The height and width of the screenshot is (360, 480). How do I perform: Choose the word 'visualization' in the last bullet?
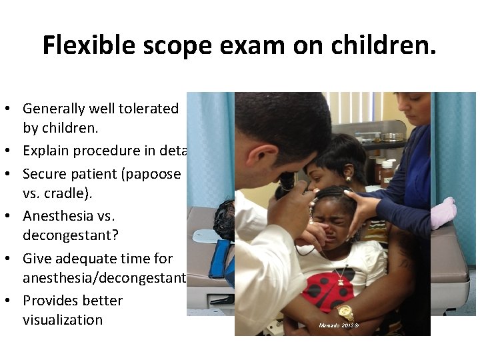(63, 319)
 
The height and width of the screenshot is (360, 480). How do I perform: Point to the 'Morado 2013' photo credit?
(339, 325)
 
